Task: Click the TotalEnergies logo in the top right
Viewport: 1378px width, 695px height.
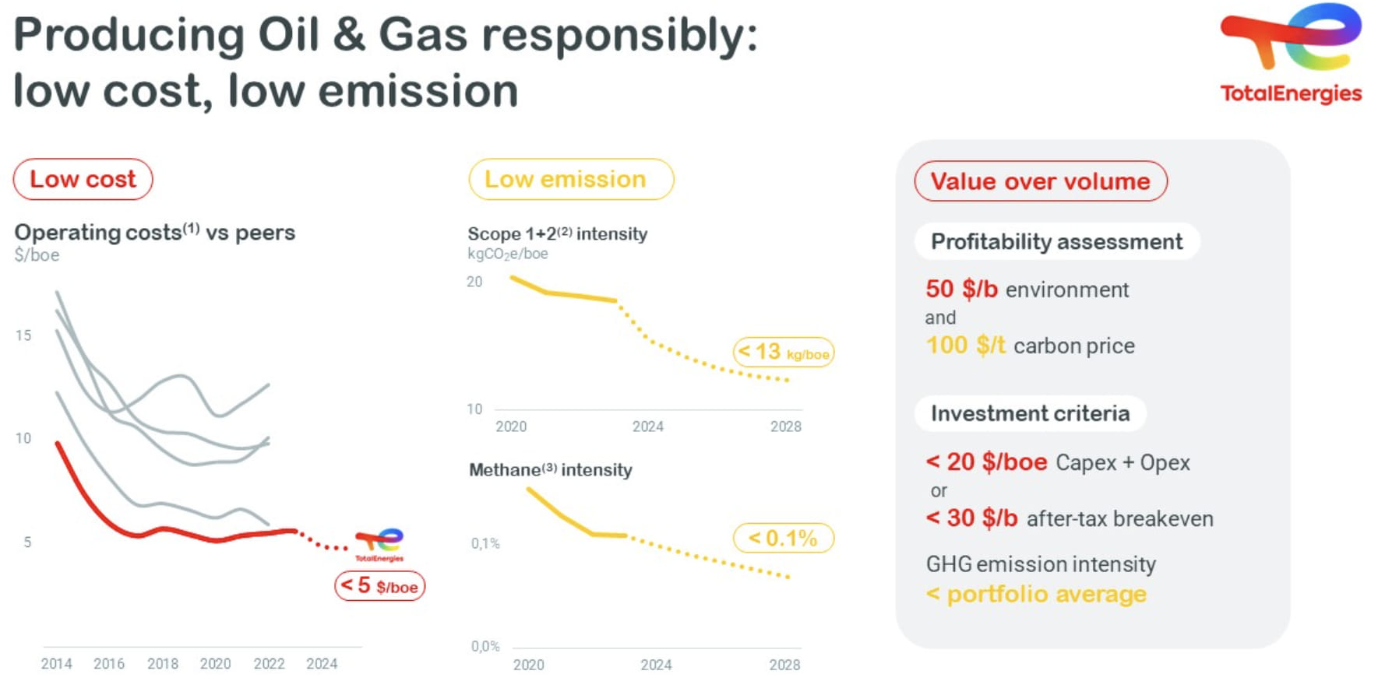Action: [1291, 53]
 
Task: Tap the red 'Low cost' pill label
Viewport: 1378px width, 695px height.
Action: [83, 179]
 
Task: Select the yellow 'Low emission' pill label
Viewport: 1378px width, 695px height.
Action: [570, 179]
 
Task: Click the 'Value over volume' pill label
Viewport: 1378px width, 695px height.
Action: [1040, 181]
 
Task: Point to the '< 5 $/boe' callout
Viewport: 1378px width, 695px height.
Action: [379, 586]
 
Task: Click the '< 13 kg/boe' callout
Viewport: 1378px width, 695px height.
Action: [783, 353]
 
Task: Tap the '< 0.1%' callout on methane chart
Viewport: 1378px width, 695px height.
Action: [783, 538]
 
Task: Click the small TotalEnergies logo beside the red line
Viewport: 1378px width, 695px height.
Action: [379, 544]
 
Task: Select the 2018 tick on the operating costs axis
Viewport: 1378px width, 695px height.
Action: [162, 664]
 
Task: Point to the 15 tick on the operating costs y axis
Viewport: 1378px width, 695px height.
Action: [23, 335]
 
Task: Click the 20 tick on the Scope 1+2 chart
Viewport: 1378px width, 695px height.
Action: [474, 282]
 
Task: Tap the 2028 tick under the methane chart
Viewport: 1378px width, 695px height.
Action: [784, 665]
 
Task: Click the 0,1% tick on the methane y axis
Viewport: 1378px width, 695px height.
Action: [485, 543]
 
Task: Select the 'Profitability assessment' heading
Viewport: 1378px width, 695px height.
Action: [1056, 242]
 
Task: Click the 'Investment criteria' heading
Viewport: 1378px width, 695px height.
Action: [1030, 413]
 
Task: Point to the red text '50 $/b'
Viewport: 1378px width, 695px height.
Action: [961, 290]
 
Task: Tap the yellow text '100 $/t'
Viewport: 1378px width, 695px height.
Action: [965, 345]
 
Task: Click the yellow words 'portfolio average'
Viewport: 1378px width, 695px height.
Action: [1046, 595]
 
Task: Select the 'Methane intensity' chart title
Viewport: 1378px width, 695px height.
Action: [550, 470]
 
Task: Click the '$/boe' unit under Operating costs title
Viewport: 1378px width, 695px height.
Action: [37, 255]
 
